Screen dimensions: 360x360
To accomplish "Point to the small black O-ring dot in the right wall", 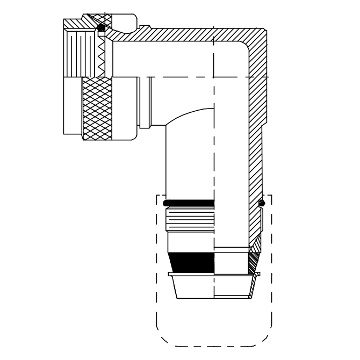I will pyautogui.click(x=262, y=203).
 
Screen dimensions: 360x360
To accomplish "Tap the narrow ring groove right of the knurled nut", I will pyautogui.click(x=143, y=102).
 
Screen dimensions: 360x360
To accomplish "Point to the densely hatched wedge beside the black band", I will pyautogui.click(x=253, y=261).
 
